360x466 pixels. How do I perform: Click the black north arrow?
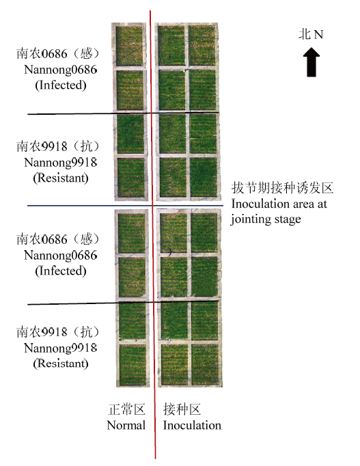point(311,62)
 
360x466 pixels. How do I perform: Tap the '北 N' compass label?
point(311,34)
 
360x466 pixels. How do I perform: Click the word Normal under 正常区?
point(126,425)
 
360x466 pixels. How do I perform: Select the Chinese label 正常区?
point(126,409)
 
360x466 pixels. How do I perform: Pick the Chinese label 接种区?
point(182,409)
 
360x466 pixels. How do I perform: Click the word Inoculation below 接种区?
point(192,425)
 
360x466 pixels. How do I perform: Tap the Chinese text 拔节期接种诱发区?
point(282,188)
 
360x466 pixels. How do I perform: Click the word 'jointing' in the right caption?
point(249,219)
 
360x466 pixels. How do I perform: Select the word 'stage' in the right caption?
point(286,220)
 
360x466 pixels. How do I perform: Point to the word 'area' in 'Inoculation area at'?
point(303,204)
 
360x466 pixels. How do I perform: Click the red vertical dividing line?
point(152,235)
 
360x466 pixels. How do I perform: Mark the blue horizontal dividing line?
point(125,206)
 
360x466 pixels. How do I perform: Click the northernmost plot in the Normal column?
point(129,46)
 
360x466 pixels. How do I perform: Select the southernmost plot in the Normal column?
point(133,366)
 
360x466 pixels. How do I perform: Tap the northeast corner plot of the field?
point(202,46)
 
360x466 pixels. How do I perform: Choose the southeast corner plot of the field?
point(205,365)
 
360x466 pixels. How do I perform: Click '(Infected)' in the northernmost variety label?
point(61,85)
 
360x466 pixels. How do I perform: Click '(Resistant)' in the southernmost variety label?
point(61,364)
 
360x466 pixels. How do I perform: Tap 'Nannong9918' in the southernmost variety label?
point(61,348)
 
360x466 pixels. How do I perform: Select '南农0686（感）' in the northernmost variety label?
point(58,54)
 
